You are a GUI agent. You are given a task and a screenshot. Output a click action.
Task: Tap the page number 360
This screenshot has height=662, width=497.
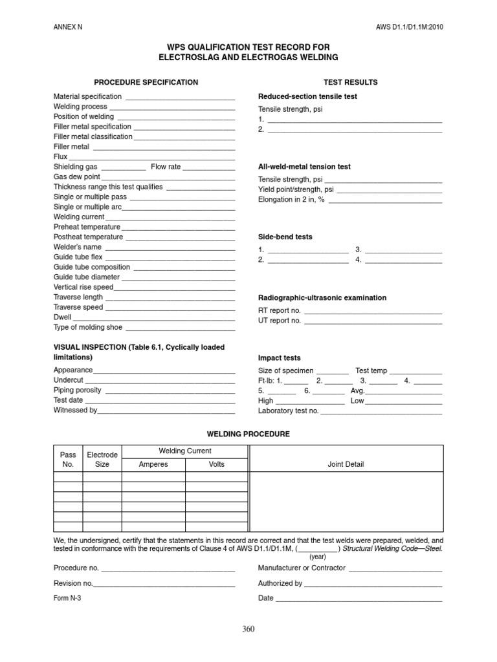248,629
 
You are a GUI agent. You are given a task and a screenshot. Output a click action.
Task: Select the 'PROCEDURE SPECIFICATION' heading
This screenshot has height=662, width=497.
146,82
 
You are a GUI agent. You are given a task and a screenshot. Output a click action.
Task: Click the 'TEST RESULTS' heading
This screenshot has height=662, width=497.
350,82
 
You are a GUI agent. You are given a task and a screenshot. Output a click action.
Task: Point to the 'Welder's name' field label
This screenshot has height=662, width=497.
77,247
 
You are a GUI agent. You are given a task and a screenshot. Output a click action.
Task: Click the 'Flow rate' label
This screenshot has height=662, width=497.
166,167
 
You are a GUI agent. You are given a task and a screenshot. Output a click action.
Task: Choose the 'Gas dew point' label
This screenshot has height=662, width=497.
76,176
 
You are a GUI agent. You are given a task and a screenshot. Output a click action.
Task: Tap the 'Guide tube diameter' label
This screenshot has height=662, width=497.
86,277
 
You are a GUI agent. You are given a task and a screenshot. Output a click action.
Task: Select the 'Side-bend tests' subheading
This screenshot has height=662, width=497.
285,237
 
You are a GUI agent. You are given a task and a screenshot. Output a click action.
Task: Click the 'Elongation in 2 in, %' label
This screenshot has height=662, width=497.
291,200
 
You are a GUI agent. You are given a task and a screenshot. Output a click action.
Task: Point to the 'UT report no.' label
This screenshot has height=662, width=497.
280,320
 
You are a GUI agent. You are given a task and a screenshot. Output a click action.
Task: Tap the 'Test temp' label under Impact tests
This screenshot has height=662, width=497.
371,371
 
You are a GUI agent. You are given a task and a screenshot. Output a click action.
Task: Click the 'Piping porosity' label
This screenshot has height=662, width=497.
77,390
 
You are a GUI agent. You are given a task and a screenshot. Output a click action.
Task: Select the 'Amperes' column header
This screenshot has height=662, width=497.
153,464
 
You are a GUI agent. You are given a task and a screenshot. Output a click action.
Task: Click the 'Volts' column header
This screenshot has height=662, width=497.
217,464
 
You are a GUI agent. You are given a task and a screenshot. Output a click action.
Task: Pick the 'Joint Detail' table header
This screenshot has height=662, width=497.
346,464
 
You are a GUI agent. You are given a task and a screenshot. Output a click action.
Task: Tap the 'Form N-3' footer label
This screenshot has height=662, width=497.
67,598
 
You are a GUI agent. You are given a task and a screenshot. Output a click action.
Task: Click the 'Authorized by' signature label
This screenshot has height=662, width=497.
280,583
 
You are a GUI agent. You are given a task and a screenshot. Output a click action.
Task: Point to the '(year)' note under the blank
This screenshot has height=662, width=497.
317,556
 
